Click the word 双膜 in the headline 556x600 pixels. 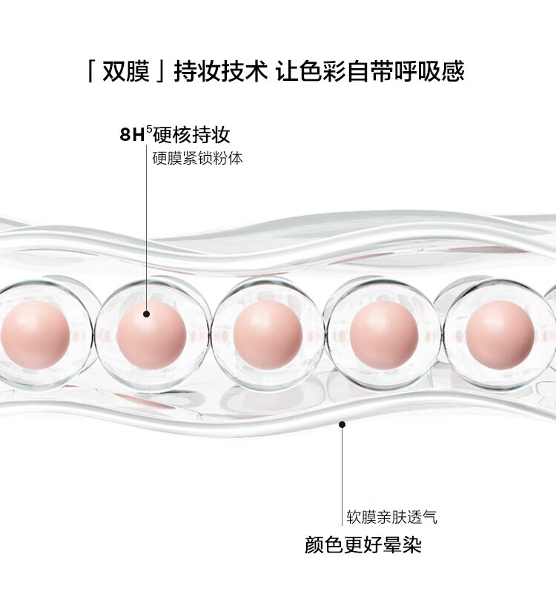coord(126,70)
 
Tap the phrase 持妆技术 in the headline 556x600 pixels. coord(221,70)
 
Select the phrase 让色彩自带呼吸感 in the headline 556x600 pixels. coord(370,70)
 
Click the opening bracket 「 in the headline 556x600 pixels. coord(91,70)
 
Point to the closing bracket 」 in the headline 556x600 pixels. coord(160,70)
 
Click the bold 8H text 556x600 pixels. coord(132,135)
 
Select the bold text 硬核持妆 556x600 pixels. coord(191,134)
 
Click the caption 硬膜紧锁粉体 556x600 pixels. coord(197,158)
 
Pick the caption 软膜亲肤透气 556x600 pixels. coord(391,517)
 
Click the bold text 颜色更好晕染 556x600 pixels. coord(363,544)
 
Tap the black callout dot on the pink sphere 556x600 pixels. coord(147,314)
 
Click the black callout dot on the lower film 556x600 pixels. coord(342,424)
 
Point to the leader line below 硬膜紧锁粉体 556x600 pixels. coord(147,227)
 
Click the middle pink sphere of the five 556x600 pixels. coord(268,334)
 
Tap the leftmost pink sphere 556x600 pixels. coord(35,334)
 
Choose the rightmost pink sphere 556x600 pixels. coord(500,334)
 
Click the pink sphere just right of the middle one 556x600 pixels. coord(383,334)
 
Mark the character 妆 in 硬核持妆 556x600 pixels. coord(221,134)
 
